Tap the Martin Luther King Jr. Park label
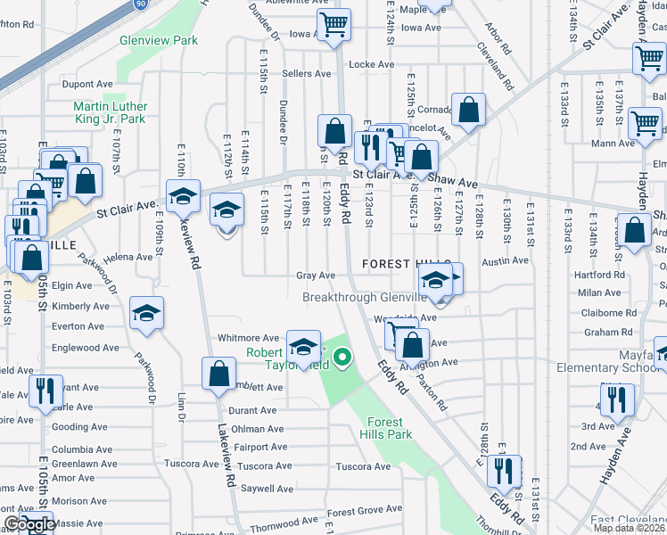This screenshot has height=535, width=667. pos(109,112)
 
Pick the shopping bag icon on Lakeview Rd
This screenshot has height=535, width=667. pos(218,374)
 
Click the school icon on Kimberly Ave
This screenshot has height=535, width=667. pos(146,314)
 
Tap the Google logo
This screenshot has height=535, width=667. pos(29,525)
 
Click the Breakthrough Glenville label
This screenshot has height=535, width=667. pos(365,297)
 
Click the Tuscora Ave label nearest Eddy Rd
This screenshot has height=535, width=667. pos(363,466)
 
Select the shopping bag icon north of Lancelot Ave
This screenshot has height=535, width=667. pos(468,111)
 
